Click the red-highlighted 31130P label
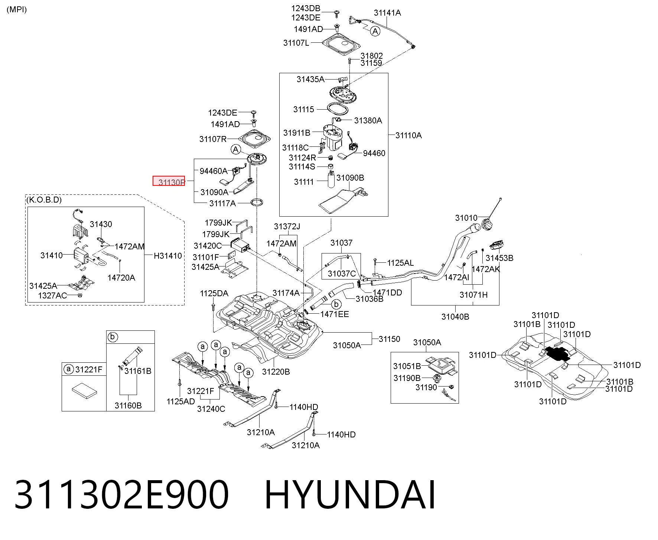tap(169, 181)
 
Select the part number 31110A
tap(408, 135)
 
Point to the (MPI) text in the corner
tap(17, 9)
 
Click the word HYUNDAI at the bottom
tap(350, 495)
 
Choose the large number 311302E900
tap(121, 495)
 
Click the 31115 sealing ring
tap(338, 109)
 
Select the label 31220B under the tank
tap(276, 372)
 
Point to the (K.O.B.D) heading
tap(44, 200)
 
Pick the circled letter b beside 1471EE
tap(336, 304)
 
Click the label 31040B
tap(455, 317)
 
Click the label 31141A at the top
tap(387, 13)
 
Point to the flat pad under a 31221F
tap(85, 391)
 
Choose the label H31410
tap(168, 256)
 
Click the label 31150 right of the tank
tap(390, 339)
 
